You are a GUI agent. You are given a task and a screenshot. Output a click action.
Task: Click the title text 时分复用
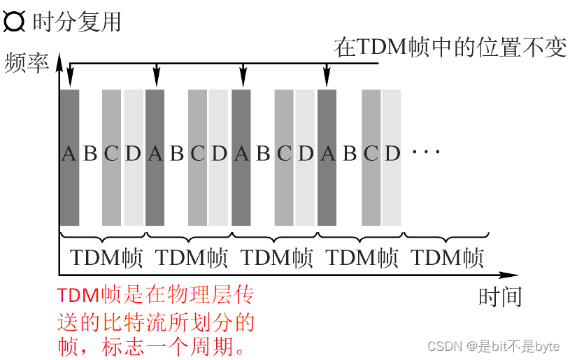tap(76, 22)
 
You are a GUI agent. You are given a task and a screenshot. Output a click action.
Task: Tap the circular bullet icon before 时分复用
tap(14, 22)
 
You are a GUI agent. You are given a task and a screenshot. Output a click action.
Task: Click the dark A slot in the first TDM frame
tap(69, 154)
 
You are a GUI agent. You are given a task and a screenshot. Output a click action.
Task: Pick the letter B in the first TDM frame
tap(90, 154)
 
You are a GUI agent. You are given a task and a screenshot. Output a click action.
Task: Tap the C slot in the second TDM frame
tap(198, 154)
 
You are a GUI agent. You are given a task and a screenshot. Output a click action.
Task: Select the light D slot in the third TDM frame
tap(306, 154)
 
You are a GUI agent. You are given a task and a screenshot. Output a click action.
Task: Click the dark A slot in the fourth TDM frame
tap(327, 154)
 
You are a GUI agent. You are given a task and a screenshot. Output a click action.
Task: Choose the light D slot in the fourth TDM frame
tap(392, 154)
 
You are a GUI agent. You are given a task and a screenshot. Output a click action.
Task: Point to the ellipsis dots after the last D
tap(426, 152)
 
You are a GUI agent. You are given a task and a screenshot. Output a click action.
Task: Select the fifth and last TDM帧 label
tap(448, 258)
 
